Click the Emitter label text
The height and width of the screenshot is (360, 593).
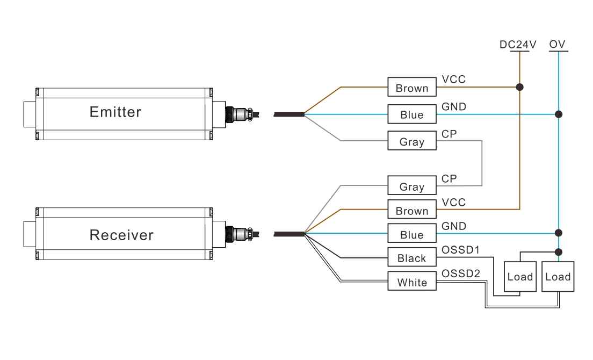[115, 112]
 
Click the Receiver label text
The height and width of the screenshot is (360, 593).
[121, 235]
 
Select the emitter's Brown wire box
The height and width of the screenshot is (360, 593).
[412, 88]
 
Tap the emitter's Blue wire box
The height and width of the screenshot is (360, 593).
[412, 114]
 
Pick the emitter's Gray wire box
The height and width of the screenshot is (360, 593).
[412, 141]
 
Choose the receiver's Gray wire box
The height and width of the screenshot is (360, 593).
[412, 186]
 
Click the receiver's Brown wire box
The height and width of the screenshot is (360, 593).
[412, 210]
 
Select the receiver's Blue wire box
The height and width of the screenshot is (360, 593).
[412, 234]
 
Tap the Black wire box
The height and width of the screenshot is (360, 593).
[412, 258]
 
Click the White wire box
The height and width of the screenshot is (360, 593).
[412, 282]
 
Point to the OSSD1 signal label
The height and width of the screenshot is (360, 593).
[460, 250]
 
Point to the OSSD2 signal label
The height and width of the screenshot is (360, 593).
[460, 273]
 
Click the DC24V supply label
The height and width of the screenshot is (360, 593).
[518, 45]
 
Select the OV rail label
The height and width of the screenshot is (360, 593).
[558, 45]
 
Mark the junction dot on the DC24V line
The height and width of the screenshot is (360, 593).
[519, 87]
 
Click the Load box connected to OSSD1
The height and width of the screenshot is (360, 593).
[519, 277]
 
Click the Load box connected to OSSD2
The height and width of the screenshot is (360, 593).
[558, 277]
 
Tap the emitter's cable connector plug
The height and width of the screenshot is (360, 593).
[242, 113]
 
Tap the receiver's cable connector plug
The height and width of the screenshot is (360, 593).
[242, 234]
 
